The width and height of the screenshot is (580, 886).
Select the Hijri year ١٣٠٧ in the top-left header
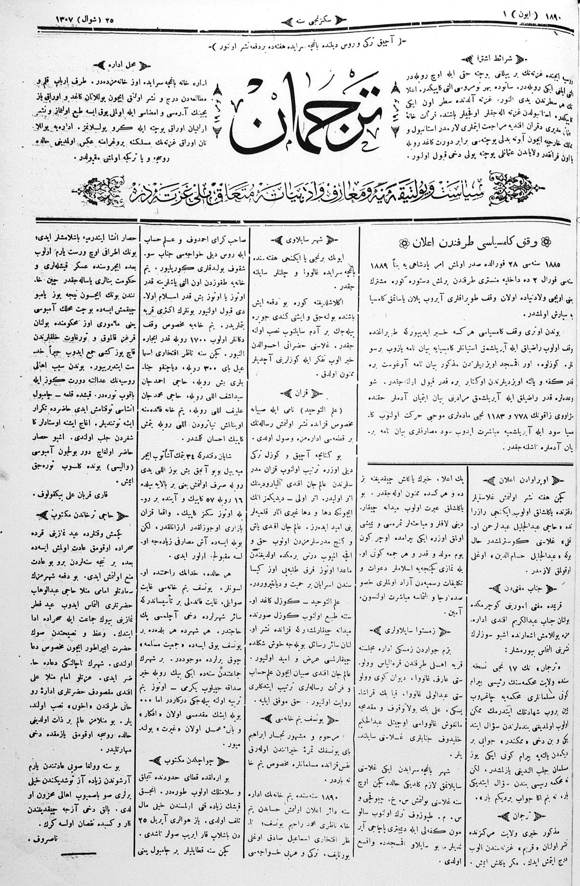63,20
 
